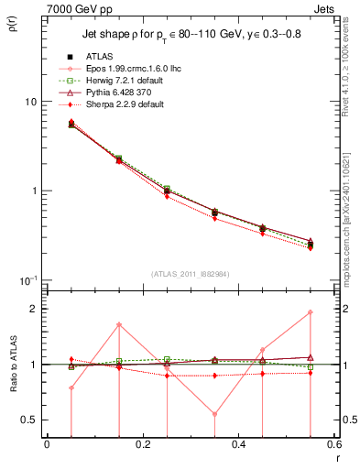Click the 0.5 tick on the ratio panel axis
pyautogui.click(x=29, y=420)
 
